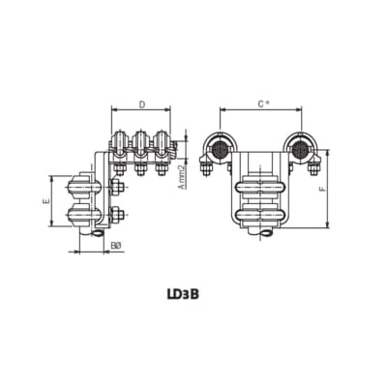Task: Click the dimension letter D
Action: pos(141,103)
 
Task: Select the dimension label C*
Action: pos(262,103)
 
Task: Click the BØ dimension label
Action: pos(114,246)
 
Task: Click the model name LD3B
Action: pos(193,289)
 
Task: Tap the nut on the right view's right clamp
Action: pos(314,169)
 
